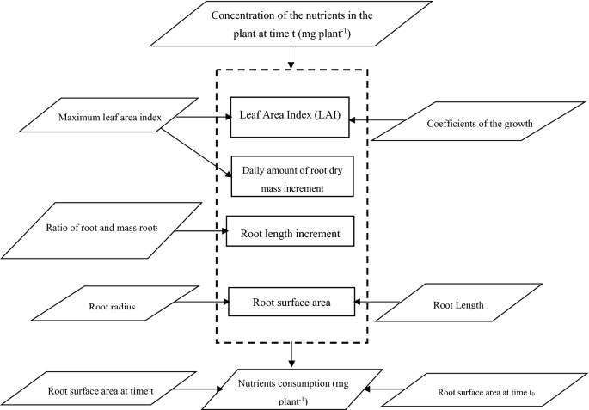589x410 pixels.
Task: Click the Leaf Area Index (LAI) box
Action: (289, 117)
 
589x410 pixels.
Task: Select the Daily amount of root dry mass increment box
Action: (289, 177)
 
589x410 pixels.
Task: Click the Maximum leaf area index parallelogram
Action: (107, 116)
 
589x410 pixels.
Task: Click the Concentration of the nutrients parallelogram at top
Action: (293, 23)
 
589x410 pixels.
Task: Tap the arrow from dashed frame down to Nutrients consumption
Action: (293, 353)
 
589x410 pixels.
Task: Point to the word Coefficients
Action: (449, 123)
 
